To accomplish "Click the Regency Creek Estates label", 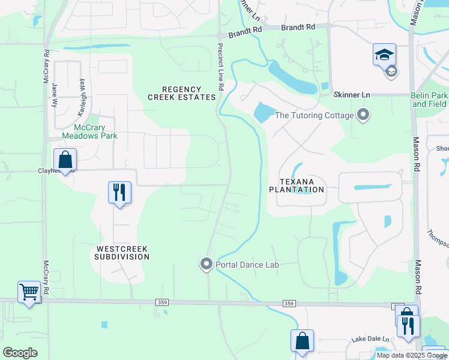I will click(x=181, y=93).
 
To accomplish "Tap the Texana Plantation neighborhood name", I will click(x=297, y=185).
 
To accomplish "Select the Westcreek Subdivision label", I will click(x=121, y=252).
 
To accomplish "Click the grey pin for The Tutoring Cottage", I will click(x=363, y=114).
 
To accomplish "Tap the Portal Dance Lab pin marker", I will click(x=206, y=264).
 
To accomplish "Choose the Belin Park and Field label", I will click(x=429, y=100).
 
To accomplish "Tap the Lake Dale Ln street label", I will click(x=367, y=339).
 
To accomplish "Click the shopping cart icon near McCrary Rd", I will click(x=29, y=292).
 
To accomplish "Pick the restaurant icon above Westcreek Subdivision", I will click(x=119, y=193).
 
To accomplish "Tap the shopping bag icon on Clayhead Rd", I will click(x=65, y=160).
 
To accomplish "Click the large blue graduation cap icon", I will click(x=384, y=55).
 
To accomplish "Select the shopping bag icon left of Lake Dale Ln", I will click(x=302, y=341).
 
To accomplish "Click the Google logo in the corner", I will click(x=20, y=353).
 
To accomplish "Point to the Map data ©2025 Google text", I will click(x=411, y=355).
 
